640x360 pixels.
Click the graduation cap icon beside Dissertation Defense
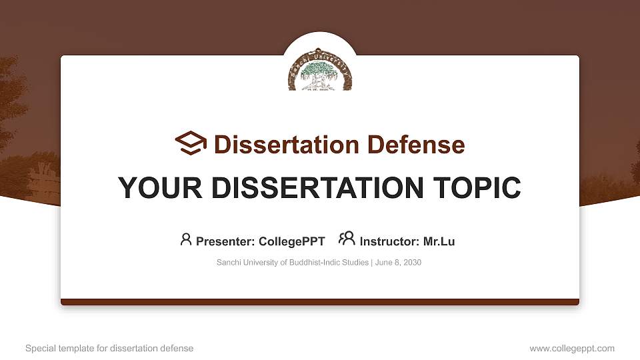[191, 143]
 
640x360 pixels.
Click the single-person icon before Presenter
[186, 239]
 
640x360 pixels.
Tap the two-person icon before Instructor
[347, 239]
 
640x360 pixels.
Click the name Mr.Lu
[439, 241]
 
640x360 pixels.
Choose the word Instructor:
[389, 241]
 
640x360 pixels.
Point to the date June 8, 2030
[398, 263]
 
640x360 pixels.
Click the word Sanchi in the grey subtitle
[229, 263]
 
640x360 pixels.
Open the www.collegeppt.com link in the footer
[572, 348]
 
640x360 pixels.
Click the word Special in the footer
[40, 348]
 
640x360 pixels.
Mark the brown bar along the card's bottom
[320, 302]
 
